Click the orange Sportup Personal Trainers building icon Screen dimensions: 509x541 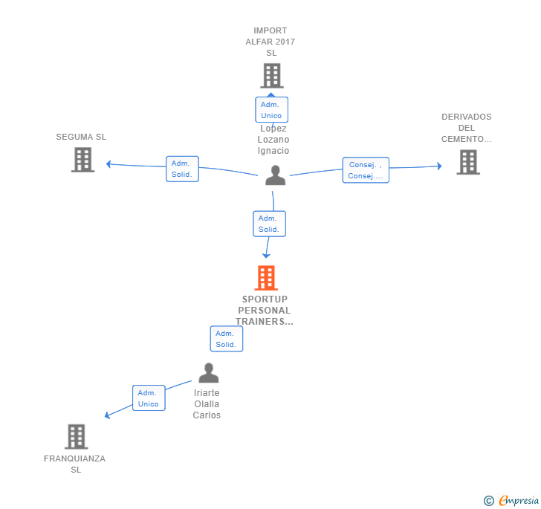[265, 278]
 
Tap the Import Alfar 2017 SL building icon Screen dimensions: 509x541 [271, 76]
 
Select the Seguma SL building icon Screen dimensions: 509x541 [82, 160]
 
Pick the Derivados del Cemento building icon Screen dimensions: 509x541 [467, 162]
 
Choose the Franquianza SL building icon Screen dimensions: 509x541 [76, 437]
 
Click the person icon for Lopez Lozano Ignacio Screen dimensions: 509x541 [275, 176]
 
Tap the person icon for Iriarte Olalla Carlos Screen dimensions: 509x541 [208, 373]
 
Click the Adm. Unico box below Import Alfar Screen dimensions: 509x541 [271, 110]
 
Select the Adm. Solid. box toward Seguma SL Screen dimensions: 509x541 [182, 169]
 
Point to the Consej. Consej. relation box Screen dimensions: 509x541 [366, 170]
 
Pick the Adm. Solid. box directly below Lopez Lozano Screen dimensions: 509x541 [269, 224]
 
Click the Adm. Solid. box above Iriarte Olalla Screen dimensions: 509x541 [226, 339]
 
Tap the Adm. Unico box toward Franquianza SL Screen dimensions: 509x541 [149, 398]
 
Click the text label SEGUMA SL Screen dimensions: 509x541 [81, 137]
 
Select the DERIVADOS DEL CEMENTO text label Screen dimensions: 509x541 [467, 128]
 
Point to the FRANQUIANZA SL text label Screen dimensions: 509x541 [74, 464]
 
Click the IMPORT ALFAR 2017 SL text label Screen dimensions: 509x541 [270, 42]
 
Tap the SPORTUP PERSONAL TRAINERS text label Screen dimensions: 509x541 [265, 311]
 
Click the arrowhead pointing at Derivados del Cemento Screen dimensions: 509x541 [439, 166]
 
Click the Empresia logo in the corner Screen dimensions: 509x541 [511, 500]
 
